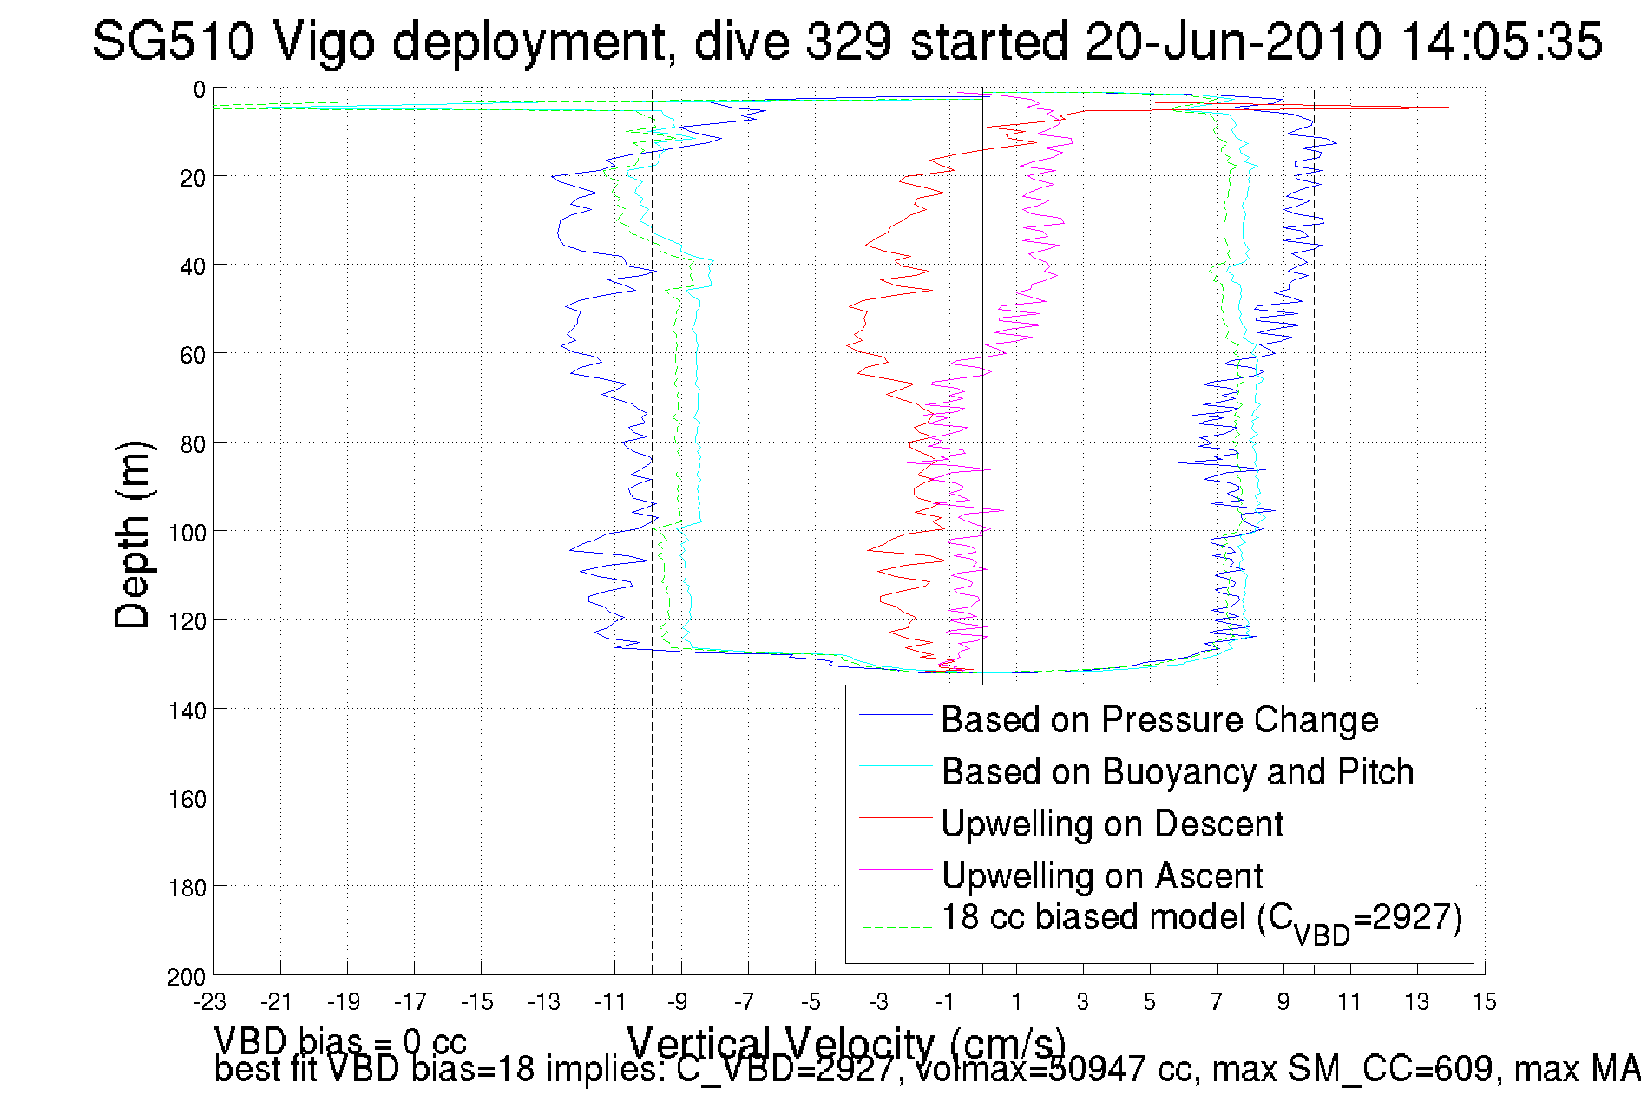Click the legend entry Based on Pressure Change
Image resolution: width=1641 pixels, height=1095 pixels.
point(1159,720)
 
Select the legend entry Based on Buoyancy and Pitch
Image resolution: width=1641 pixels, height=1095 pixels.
point(1178,772)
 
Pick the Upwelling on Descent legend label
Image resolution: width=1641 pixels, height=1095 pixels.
point(1112,824)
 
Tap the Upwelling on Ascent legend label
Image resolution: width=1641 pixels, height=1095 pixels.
point(1101,876)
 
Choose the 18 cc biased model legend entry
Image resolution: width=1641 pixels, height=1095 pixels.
point(1202,920)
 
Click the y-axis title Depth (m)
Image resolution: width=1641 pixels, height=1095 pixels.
point(133,535)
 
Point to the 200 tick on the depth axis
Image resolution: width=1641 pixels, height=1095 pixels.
point(187,977)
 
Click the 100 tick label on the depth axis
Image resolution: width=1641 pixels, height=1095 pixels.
point(187,533)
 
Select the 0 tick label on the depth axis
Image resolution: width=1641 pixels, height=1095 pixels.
point(200,89)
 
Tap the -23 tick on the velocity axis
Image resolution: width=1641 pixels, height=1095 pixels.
point(210,1003)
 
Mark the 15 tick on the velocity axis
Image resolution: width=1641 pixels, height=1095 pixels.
point(1484,1003)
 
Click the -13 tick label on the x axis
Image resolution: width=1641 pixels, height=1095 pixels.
point(544,1003)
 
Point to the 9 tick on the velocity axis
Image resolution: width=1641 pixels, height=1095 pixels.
point(1283,1003)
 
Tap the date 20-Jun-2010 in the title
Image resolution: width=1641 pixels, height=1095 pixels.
point(1233,41)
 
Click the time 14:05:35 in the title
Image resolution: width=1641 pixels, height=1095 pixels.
point(1501,41)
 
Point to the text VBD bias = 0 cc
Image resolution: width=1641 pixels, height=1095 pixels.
point(340,1041)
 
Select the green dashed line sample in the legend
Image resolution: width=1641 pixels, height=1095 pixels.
point(896,927)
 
